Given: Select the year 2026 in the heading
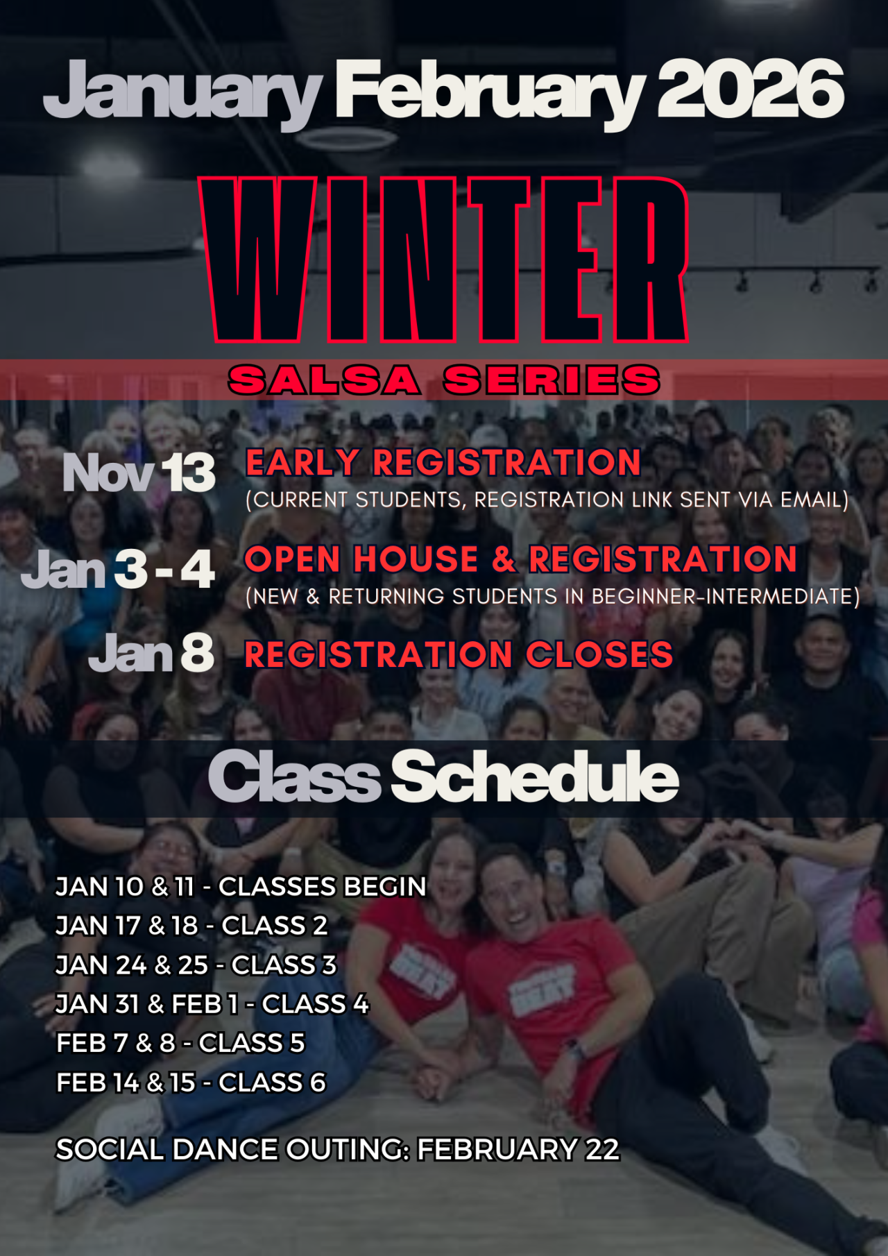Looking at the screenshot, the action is click(750, 89).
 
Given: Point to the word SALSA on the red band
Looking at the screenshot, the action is click(325, 380).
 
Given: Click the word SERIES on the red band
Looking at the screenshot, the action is click(552, 380).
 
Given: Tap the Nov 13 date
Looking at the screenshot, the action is click(139, 473).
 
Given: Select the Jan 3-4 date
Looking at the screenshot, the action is click(118, 570).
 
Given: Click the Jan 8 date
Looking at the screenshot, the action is click(151, 653).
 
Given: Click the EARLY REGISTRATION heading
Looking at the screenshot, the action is click(443, 463).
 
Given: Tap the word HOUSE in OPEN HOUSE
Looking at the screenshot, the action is click(416, 559).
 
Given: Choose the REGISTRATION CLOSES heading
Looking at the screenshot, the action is click(459, 654).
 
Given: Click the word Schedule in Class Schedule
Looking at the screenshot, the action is click(534, 777).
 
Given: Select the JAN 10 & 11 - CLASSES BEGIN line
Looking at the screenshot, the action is click(241, 887).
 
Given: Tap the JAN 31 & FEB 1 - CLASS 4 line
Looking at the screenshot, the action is click(212, 1004).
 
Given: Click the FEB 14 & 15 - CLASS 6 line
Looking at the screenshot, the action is click(191, 1083).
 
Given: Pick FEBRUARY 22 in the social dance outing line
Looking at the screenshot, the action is click(518, 1150).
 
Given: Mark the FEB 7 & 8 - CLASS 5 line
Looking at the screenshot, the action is click(180, 1043).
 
